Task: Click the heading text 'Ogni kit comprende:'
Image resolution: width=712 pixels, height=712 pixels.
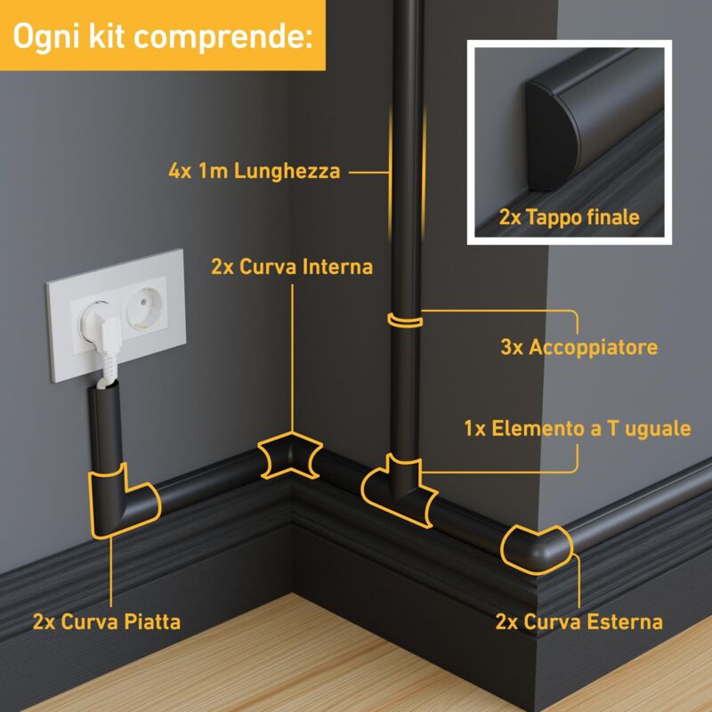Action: tap(162, 36)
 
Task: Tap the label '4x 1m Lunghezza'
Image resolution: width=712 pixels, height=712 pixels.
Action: tap(255, 171)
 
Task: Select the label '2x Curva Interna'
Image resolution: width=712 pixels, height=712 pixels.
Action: tap(292, 266)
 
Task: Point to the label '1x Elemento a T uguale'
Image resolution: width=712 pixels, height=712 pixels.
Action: tap(578, 428)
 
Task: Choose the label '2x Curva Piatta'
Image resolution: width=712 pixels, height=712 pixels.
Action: tap(107, 621)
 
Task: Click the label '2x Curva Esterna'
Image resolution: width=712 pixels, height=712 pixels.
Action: tap(579, 621)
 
